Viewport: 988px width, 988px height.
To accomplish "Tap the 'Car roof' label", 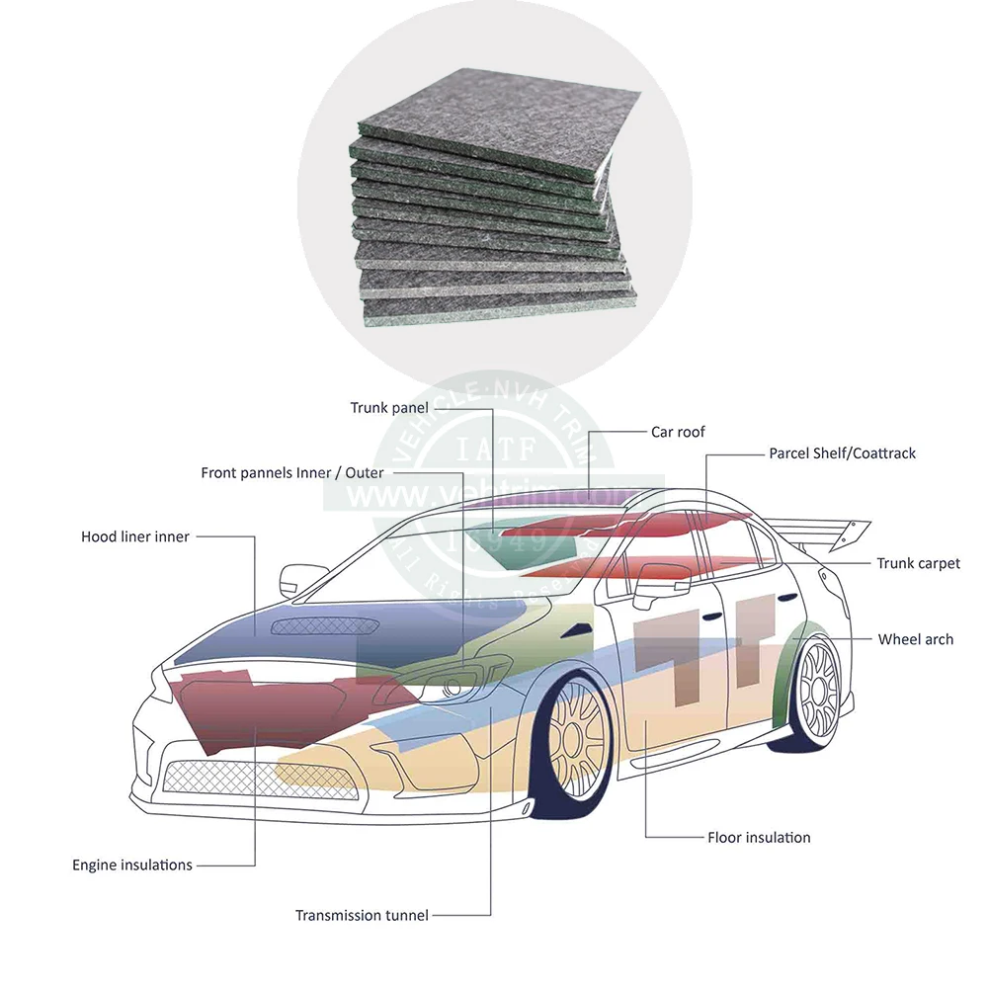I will click(678, 432).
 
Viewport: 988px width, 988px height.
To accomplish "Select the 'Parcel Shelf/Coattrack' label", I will click(842, 453).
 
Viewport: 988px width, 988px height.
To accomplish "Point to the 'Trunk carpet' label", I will click(918, 563).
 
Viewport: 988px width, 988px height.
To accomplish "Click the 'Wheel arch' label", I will click(915, 639).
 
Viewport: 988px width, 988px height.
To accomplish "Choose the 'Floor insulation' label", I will click(759, 838).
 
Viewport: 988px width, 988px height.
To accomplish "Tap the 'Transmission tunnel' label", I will click(362, 916).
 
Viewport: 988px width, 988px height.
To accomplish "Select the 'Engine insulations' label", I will click(132, 865).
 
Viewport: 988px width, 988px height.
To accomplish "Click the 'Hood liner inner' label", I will click(135, 536).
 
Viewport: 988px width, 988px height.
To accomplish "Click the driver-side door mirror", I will click(295, 577).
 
